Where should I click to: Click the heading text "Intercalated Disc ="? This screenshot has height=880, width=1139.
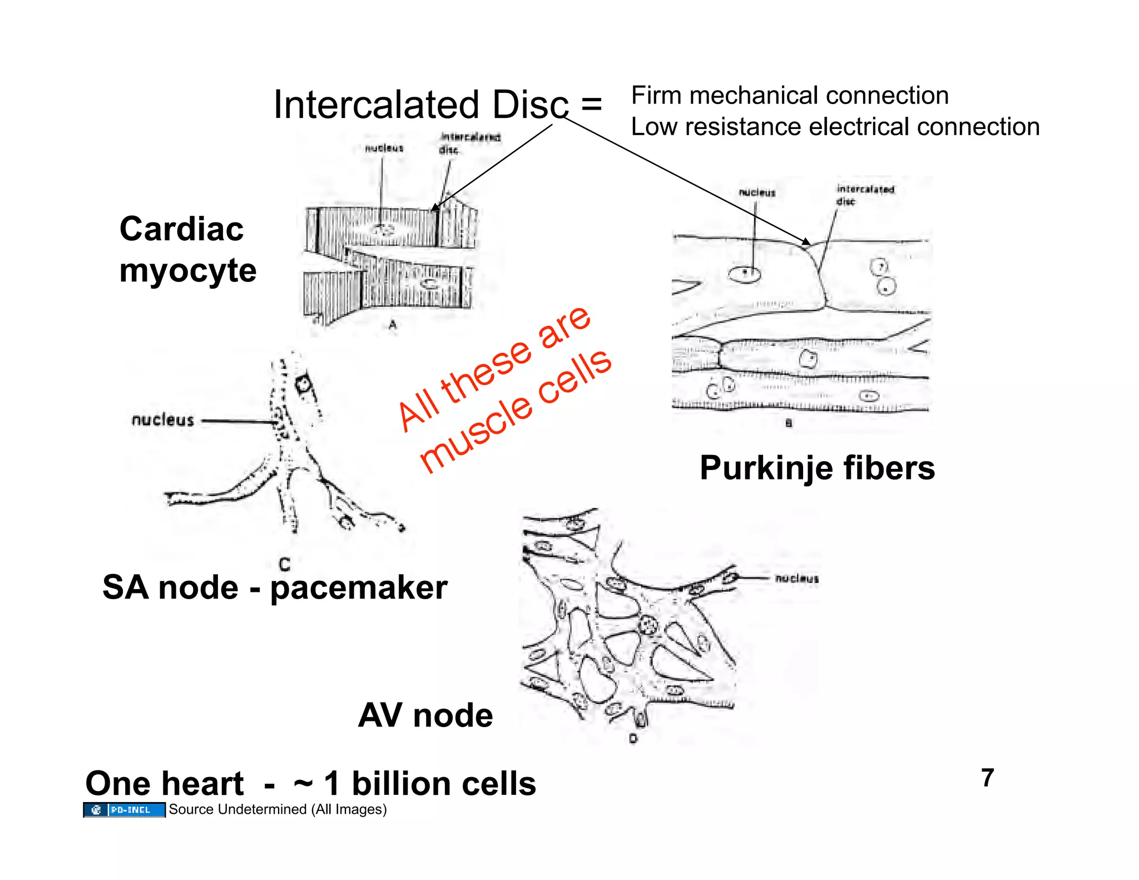437,105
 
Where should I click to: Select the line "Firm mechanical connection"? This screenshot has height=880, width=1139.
790,96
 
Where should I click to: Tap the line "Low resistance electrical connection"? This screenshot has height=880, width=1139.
835,127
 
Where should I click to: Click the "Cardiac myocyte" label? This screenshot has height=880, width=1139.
187,249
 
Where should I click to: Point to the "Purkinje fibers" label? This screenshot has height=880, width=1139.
817,468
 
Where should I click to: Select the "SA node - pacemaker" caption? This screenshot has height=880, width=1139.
275,587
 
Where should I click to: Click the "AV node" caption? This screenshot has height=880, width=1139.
425,715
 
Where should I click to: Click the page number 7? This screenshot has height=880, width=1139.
987,778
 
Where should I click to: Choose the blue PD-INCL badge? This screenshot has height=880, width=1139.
124,810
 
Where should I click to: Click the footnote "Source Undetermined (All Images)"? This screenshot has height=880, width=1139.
278,809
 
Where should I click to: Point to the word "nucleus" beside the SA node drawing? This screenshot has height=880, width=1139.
162,420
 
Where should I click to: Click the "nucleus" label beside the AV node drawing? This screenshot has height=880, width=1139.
796,579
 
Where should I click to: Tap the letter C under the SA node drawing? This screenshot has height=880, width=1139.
284,565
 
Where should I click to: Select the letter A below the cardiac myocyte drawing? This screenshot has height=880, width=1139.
393,325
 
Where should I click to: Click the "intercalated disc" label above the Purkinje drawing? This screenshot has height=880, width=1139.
865,195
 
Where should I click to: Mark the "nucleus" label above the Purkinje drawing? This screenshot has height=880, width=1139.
757,192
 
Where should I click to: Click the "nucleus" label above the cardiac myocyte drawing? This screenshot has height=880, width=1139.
384,148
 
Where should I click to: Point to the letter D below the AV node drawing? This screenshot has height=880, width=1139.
633,739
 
